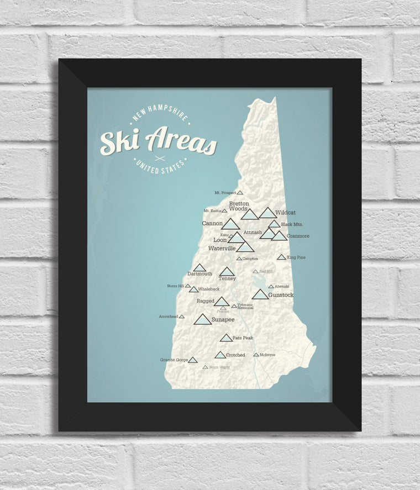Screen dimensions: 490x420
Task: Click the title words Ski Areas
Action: [158, 141]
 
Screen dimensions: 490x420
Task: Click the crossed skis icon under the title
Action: [160, 159]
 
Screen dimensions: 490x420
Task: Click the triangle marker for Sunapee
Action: [202, 320]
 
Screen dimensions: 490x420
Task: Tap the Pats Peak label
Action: [243, 338]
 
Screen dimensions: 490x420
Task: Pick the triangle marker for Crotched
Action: [220, 355]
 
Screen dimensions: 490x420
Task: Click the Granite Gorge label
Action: [174, 360]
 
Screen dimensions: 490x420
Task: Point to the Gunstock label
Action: [281, 295]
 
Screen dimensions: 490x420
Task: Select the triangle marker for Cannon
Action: [230, 224]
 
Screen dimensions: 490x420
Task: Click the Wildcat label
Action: [286, 212]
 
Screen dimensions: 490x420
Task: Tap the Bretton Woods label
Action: [239, 206]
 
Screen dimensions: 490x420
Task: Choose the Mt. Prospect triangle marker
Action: [240, 193]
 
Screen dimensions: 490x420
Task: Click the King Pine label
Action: [296, 257]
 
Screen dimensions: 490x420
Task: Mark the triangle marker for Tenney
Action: [227, 272]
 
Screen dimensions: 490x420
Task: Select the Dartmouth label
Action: [200, 273]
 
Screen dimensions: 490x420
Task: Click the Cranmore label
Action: [298, 236]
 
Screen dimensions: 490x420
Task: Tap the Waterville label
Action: [222, 249]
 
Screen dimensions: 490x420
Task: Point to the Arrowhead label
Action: [168, 317]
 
